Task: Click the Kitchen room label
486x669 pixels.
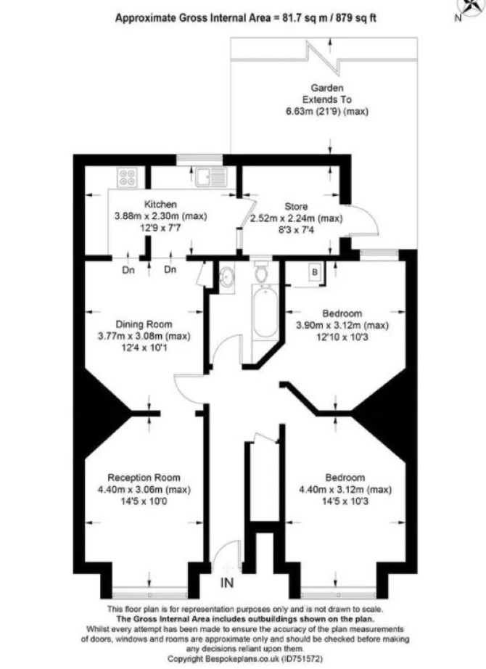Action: pyautogui.click(x=160, y=204)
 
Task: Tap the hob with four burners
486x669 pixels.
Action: pyautogui.click(x=128, y=177)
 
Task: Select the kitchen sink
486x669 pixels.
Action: pyautogui.click(x=211, y=176)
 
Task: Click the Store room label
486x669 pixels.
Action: pyautogui.click(x=296, y=207)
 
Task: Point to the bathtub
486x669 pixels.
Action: pyautogui.click(x=265, y=313)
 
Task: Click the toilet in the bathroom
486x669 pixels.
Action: pyautogui.click(x=260, y=271)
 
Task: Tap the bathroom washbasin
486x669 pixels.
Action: pyautogui.click(x=226, y=277)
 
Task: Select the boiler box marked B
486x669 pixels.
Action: pyautogui.click(x=315, y=272)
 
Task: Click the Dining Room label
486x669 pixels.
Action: pyautogui.click(x=144, y=324)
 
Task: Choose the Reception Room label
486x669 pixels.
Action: pyautogui.click(x=144, y=477)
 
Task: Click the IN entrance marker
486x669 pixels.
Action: pyautogui.click(x=227, y=583)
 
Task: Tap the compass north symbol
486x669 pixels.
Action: pyautogui.click(x=471, y=7)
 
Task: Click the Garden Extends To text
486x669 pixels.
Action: pyautogui.click(x=327, y=94)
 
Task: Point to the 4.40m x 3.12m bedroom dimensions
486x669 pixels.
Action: pyautogui.click(x=345, y=489)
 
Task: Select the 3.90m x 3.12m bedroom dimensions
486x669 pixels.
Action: pyautogui.click(x=342, y=325)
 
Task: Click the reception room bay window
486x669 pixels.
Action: pyautogui.click(x=149, y=593)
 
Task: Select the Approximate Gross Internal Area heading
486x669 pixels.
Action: pyautogui.click(x=246, y=18)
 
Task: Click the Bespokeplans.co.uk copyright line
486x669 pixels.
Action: pyautogui.click(x=245, y=659)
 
